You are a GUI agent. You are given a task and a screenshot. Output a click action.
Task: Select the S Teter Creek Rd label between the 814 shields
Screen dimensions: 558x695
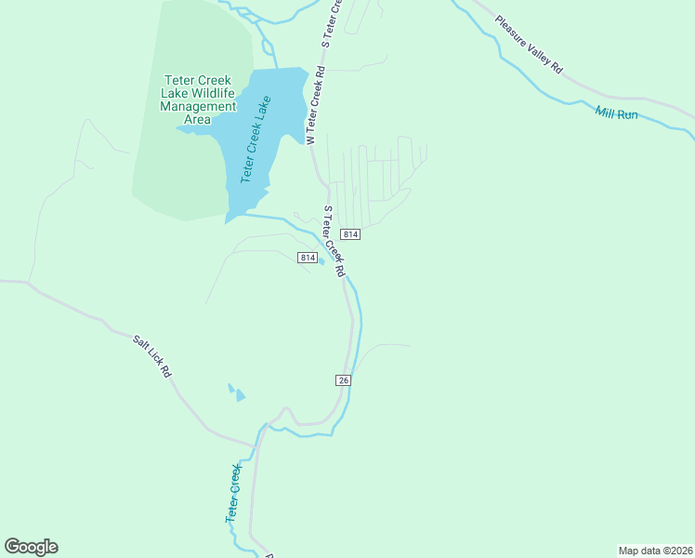334,241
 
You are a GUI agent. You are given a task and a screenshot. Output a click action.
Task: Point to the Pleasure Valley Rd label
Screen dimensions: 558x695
529,44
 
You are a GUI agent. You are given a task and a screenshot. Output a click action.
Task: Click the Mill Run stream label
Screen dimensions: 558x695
616,113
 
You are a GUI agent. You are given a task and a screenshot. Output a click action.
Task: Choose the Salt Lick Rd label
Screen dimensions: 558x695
152,356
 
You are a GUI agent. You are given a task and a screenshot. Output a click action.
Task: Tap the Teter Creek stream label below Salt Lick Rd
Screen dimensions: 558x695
233,493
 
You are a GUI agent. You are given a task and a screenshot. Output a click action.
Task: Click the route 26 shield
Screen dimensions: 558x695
343,379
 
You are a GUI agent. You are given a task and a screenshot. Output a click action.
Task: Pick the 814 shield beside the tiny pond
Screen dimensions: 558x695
308,257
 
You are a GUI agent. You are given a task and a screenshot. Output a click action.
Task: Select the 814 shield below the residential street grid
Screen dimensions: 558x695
349,233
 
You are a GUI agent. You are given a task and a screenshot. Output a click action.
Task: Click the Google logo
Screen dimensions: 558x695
31,547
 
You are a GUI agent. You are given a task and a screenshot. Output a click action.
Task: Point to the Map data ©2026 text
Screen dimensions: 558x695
654,551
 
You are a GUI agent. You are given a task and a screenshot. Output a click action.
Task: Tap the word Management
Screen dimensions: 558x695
198,106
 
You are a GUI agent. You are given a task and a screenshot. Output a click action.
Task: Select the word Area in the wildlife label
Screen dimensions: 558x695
198,119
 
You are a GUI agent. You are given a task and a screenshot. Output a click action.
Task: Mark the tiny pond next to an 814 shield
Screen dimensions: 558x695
321,261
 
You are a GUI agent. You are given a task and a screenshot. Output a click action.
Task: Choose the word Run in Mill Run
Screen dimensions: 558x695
628,115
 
